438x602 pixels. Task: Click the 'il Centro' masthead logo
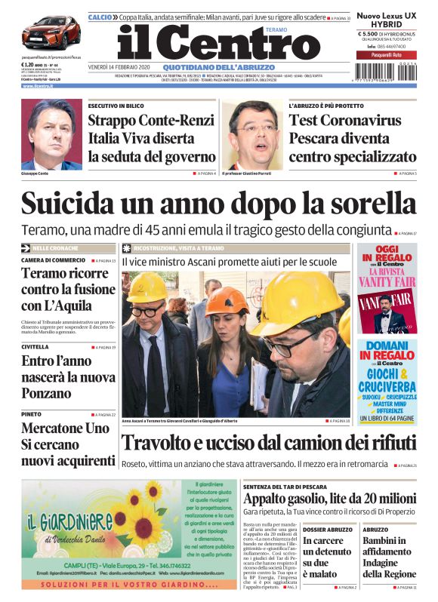point(219,44)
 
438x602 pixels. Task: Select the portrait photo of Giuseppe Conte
point(51,134)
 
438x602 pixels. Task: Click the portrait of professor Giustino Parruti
point(254,134)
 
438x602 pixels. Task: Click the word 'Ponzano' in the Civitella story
point(49,392)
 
